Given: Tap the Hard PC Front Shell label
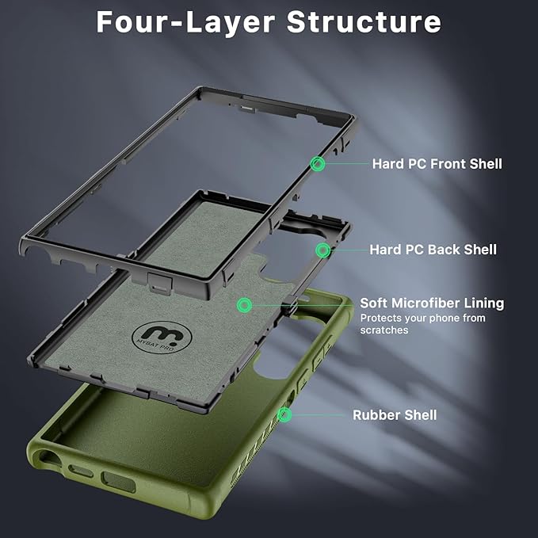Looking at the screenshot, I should click(437, 164).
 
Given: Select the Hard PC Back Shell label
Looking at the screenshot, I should click(433, 250).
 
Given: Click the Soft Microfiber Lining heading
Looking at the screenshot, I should click(432, 303).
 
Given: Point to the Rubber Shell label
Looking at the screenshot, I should click(395, 414).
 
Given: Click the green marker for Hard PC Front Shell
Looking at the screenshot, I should click(318, 164).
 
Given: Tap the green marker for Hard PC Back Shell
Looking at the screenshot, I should click(322, 250).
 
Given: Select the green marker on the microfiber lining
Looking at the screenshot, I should click(245, 304).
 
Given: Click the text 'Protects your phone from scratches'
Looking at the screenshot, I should click(422, 323).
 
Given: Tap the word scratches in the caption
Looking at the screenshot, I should click(384, 330).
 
